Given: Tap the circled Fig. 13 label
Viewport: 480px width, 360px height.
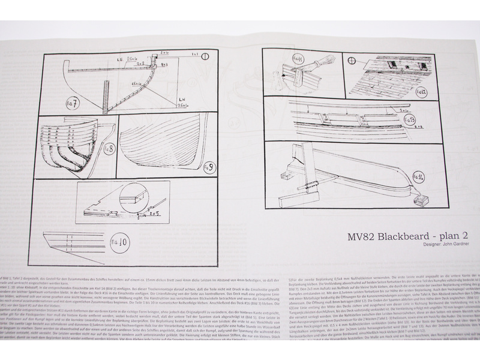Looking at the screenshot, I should [x=410, y=120].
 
